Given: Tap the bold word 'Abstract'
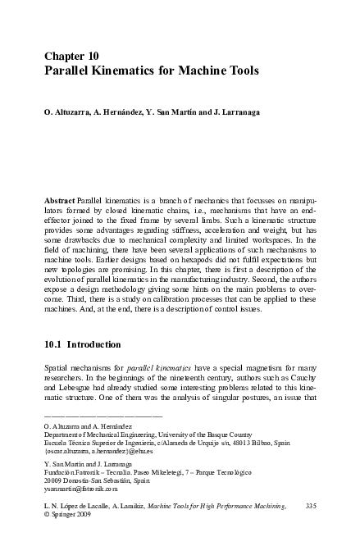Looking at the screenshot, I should click(57, 200).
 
